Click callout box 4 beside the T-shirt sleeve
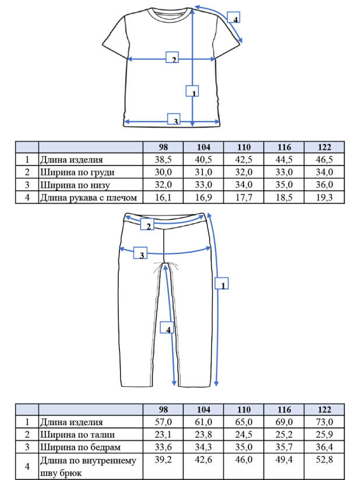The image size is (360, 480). coord(234,17)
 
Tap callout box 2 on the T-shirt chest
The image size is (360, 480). coord(172,57)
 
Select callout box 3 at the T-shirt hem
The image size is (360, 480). coord(174,119)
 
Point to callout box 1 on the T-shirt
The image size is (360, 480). coord(192,91)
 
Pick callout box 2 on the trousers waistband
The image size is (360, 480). coord(147,224)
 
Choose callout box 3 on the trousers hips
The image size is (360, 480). coord(140,253)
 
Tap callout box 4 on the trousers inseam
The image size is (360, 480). coord(167,327)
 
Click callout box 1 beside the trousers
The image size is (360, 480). coord(221,283)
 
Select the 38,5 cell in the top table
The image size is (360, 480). coord(163,160)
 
